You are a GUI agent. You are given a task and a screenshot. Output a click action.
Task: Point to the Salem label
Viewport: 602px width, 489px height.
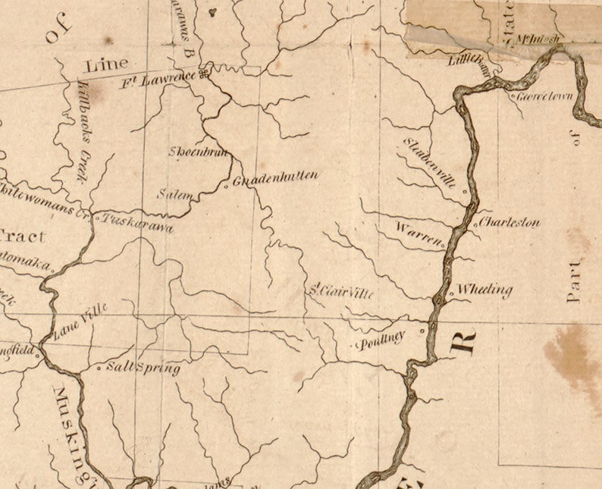pos(174,195)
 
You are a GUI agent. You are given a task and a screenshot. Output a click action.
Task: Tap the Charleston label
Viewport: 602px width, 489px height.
pos(510,223)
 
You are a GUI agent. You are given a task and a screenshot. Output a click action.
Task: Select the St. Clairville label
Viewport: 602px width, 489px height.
pos(340,290)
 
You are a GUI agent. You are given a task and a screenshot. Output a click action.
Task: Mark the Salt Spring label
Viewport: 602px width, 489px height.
pos(143,368)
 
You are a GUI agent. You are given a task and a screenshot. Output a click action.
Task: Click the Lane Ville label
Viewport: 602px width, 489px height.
pos(80,321)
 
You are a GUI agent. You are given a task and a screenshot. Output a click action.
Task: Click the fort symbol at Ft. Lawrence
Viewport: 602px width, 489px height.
pos(204,74)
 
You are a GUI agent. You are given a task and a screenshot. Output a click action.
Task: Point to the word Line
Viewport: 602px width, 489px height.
pos(107,65)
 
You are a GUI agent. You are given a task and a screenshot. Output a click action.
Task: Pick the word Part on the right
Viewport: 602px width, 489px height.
pos(574,283)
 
